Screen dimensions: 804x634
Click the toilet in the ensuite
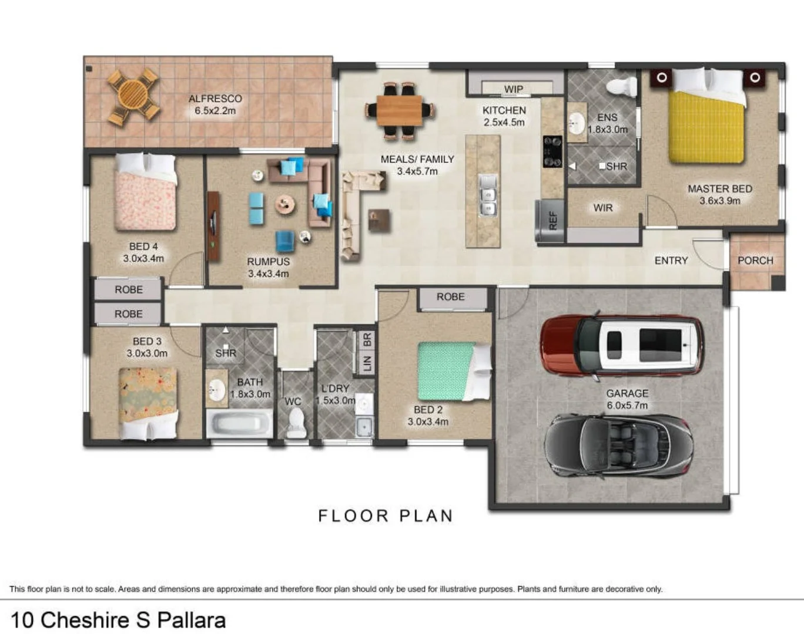click(x=622, y=87)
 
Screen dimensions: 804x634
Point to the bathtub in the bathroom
click(x=240, y=423)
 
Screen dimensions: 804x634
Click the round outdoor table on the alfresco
click(x=133, y=96)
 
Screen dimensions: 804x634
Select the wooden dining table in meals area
click(x=400, y=111)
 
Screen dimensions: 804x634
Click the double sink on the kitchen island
click(x=487, y=195)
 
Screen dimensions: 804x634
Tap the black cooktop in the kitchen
click(x=552, y=151)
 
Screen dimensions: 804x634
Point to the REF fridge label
click(x=553, y=221)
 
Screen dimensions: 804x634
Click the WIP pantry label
click(x=514, y=89)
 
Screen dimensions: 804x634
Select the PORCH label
click(x=755, y=261)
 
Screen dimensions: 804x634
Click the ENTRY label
click(x=671, y=261)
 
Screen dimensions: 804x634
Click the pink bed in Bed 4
click(x=146, y=192)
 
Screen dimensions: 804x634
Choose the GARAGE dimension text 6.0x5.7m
click(x=627, y=406)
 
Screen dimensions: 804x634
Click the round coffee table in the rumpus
click(x=285, y=205)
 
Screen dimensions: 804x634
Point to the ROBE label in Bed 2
click(x=451, y=297)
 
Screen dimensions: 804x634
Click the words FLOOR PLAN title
click(x=386, y=516)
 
